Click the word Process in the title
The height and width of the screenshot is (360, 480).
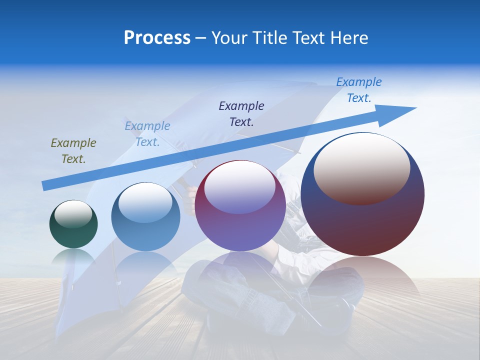click(x=157, y=38)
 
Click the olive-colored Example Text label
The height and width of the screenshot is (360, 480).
click(x=73, y=151)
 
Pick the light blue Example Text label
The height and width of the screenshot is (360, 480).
click(x=147, y=134)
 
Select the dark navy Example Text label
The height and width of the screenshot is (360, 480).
click(x=241, y=113)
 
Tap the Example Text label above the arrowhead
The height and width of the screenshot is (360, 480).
click(x=358, y=89)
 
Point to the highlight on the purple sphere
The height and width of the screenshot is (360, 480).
click(x=240, y=187)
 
